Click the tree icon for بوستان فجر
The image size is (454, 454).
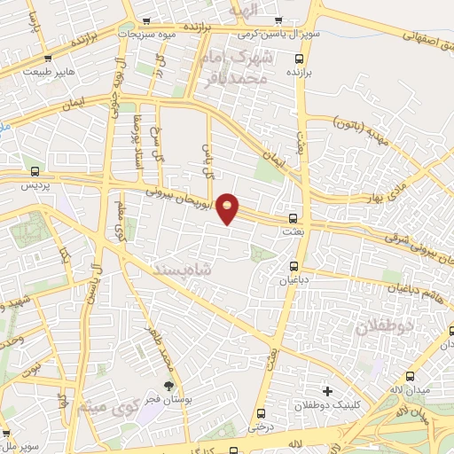click(168, 385)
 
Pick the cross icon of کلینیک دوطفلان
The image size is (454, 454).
click(328, 390)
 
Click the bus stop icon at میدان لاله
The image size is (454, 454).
click(410, 376)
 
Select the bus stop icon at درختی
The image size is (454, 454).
click(261, 413)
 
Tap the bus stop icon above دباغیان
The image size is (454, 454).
click(294, 265)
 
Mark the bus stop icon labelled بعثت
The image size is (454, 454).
click(294, 217)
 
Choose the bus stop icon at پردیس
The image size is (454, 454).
click(35, 172)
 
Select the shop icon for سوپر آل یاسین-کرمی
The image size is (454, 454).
click(279, 20)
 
